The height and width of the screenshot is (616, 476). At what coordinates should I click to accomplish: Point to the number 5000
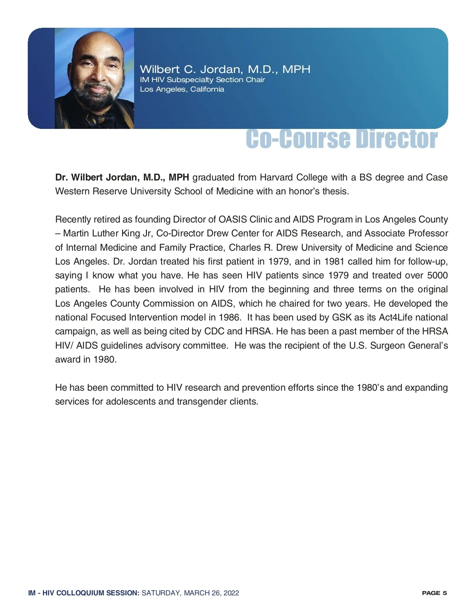(x=437, y=275)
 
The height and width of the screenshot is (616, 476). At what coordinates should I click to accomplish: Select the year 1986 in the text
(x=229, y=317)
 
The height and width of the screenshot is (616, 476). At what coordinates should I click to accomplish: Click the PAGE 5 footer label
(x=434, y=593)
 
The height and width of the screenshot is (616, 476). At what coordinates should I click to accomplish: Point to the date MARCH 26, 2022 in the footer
(x=211, y=593)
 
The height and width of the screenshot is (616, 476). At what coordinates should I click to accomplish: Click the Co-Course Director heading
(x=342, y=139)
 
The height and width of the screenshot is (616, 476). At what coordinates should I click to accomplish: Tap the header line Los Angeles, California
(x=182, y=89)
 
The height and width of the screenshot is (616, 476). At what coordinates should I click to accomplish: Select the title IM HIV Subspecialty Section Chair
(x=202, y=80)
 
